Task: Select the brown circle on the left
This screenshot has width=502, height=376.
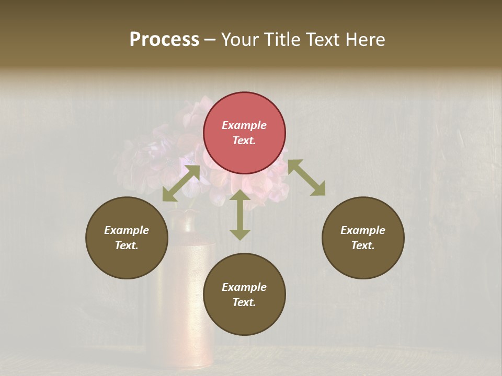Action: click(127, 238)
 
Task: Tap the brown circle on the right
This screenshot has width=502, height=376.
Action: click(363, 238)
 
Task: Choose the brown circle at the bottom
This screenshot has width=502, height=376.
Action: click(244, 295)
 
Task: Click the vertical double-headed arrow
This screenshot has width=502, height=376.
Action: click(240, 215)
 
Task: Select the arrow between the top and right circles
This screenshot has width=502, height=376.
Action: click(306, 178)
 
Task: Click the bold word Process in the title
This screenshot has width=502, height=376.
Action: click(164, 39)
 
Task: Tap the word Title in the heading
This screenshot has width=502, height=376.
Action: click(282, 39)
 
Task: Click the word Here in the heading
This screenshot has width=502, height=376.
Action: click(365, 39)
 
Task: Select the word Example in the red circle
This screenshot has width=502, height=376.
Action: click(244, 125)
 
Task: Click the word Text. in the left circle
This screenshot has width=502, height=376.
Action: click(127, 245)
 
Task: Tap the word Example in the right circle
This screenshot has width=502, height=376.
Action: click(363, 230)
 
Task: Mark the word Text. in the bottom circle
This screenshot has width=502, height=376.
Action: click(244, 302)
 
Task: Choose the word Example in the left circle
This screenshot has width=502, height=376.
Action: click(127, 230)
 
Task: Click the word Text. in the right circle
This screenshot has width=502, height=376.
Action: click(363, 245)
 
